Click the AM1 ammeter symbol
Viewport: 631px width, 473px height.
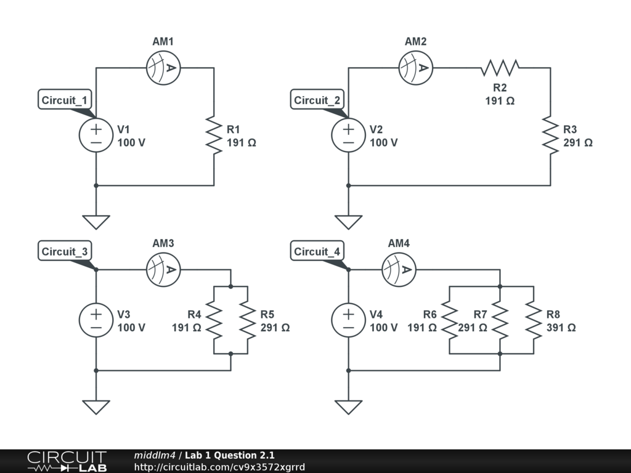pyautogui.click(x=163, y=68)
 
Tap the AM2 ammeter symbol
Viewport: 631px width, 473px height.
pyautogui.click(x=416, y=68)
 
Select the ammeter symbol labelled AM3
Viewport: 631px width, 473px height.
pyautogui.click(x=163, y=270)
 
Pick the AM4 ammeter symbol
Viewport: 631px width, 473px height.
pyautogui.click(x=399, y=270)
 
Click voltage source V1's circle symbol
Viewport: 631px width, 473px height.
pyautogui.click(x=96, y=135)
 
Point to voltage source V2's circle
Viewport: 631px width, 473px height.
pyautogui.click(x=349, y=135)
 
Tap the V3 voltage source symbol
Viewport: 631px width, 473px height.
pyautogui.click(x=96, y=320)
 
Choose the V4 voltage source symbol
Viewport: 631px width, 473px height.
pyautogui.click(x=349, y=320)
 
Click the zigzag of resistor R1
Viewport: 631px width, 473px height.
pyautogui.click(x=214, y=135)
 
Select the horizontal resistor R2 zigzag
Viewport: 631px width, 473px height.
pyautogui.click(x=500, y=68)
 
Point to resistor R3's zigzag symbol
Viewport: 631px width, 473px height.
pyautogui.click(x=550, y=135)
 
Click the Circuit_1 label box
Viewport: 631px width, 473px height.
pyautogui.click(x=65, y=99)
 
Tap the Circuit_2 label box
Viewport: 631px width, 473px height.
pyautogui.click(x=317, y=99)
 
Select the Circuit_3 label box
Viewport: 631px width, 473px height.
pyautogui.click(x=65, y=251)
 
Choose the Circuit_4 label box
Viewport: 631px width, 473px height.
pyautogui.click(x=317, y=251)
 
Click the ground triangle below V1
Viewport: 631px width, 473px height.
pyautogui.click(x=96, y=222)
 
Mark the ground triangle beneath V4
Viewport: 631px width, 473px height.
pyautogui.click(x=349, y=407)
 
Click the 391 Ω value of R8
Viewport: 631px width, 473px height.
pyautogui.click(x=561, y=328)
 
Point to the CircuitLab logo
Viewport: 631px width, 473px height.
pyautogui.click(x=67, y=461)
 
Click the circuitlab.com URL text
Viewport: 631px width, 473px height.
pyautogui.click(x=219, y=467)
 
